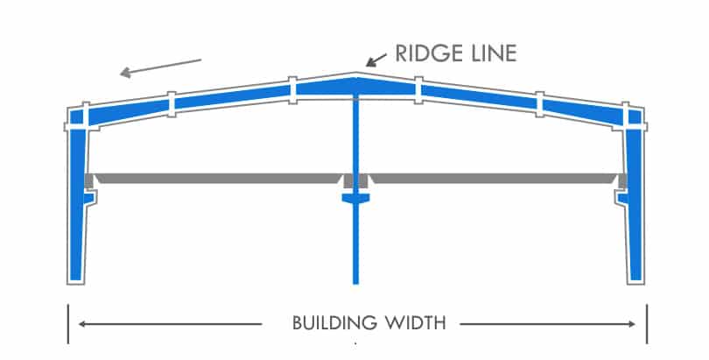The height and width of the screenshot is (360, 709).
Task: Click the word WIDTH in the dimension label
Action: click(417, 323)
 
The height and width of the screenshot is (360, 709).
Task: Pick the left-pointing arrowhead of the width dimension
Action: click(81, 324)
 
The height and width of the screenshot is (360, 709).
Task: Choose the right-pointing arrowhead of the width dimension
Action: click(633, 324)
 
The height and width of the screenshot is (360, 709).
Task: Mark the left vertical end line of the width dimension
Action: click(67, 324)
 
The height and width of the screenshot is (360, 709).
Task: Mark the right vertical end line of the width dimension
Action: click(647, 324)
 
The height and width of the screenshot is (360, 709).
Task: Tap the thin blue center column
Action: click(355, 245)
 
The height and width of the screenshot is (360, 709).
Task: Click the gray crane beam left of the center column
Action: click(219, 179)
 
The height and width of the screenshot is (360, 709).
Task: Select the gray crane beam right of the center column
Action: click(495, 179)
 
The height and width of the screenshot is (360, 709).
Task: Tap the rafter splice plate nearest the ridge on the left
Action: click(292, 88)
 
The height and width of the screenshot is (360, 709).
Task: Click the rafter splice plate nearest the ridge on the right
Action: click(418, 88)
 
